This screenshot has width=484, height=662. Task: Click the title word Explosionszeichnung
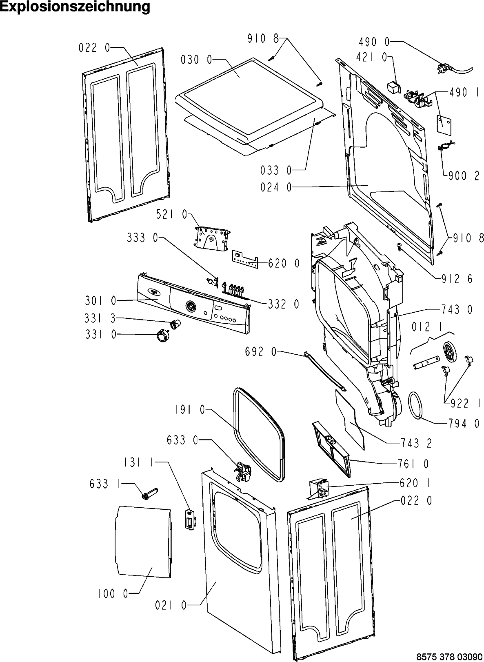click(75, 7)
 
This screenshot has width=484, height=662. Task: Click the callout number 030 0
click(196, 60)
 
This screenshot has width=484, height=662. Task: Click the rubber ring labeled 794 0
click(416, 404)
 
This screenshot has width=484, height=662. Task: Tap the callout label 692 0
click(261, 352)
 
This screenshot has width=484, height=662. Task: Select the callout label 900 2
click(464, 176)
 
